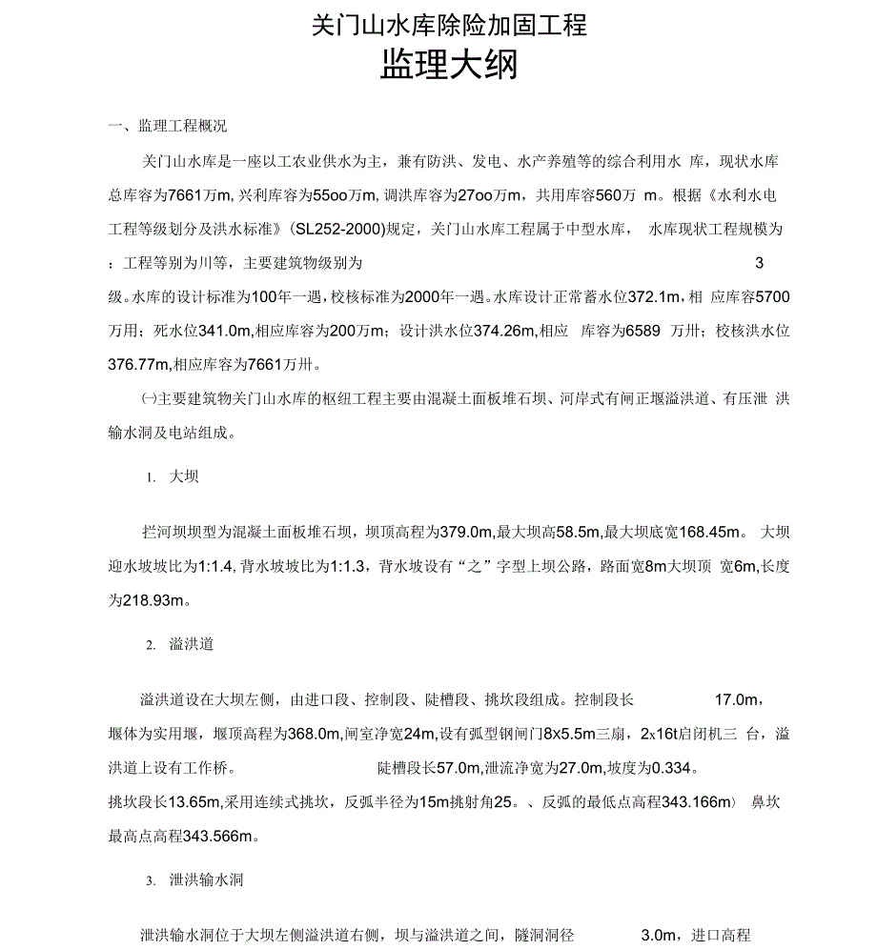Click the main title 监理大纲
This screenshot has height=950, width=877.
(x=449, y=68)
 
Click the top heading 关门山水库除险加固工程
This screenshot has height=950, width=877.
(x=449, y=25)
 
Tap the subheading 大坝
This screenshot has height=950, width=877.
(x=184, y=476)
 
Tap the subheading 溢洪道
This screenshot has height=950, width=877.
(x=192, y=644)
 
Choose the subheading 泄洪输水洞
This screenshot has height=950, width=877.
(x=206, y=879)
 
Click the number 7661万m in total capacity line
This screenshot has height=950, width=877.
(x=199, y=195)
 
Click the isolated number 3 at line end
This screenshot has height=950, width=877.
(x=759, y=263)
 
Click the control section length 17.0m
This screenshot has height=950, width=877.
(x=735, y=700)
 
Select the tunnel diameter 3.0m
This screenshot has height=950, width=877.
(x=659, y=936)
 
